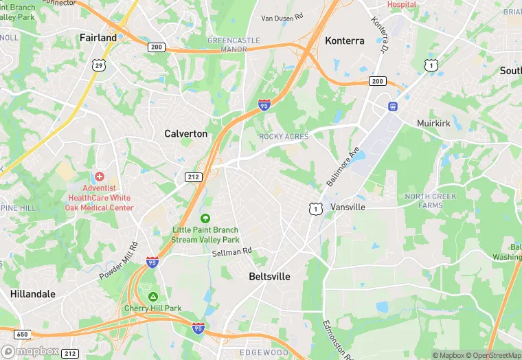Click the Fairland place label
tap(98, 38)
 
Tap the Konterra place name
tap(344, 41)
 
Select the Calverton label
tap(185, 134)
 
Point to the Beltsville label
tap(269, 276)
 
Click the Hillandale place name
tap(32, 293)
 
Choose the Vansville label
tap(348, 207)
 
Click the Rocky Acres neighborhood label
tap(284, 137)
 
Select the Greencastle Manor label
tap(234, 45)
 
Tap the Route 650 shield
tap(21, 335)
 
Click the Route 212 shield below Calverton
tap(193, 177)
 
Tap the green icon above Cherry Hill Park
tap(152, 296)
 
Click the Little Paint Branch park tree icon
tap(205, 218)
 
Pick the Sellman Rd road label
tap(232, 252)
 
